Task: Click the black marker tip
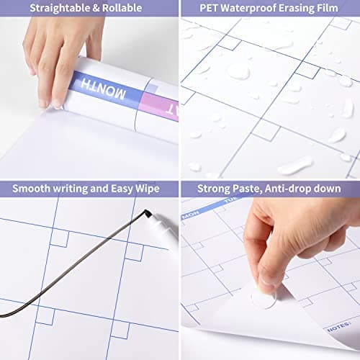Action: (147, 213)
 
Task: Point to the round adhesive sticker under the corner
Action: (264, 297)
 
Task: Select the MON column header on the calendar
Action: (190, 214)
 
